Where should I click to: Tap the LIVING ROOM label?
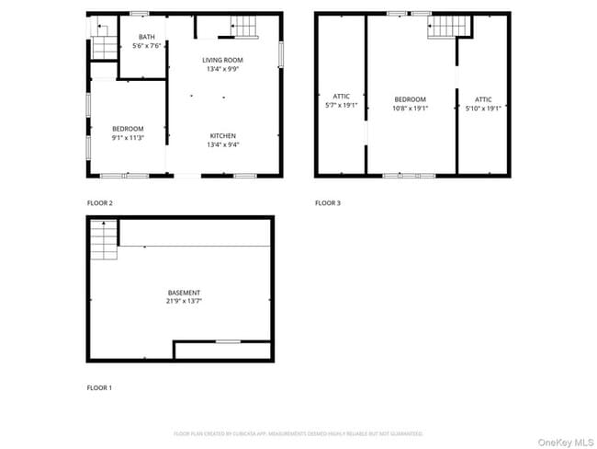click(223, 59)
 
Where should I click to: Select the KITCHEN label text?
click(223, 135)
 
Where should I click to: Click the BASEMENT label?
click(184, 293)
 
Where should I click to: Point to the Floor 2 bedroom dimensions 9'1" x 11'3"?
click(128, 137)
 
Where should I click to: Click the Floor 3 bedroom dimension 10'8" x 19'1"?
click(411, 108)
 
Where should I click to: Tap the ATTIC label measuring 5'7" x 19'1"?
click(341, 105)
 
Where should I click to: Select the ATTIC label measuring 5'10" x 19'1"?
click(483, 108)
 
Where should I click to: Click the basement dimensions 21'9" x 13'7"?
click(184, 301)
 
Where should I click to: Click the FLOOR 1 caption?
click(99, 388)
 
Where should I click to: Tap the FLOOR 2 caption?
click(100, 203)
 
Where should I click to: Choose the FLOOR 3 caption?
click(328, 203)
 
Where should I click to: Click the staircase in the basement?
click(104, 243)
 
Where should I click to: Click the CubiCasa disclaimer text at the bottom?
click(298, 433)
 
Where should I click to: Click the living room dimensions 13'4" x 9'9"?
click(223, 67)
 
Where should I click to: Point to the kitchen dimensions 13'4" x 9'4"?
click(223, 144)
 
